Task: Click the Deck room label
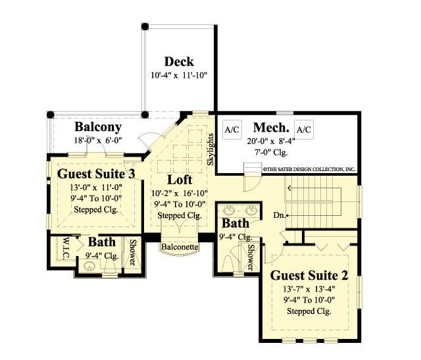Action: [178, 61]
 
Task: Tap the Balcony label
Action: [97, 126]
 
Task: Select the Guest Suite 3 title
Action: [97, 174]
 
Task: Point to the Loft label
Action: [179, 180]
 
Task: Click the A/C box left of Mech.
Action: [232, 130]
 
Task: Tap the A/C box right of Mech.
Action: [303, 130]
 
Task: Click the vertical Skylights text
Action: [210, 149]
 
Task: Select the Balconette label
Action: [180, 247]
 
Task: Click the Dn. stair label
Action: [280, 215]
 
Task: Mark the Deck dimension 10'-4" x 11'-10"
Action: [178, 75]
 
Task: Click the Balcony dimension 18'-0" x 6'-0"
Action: [96, 140]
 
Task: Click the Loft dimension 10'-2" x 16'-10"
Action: [180, 193]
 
